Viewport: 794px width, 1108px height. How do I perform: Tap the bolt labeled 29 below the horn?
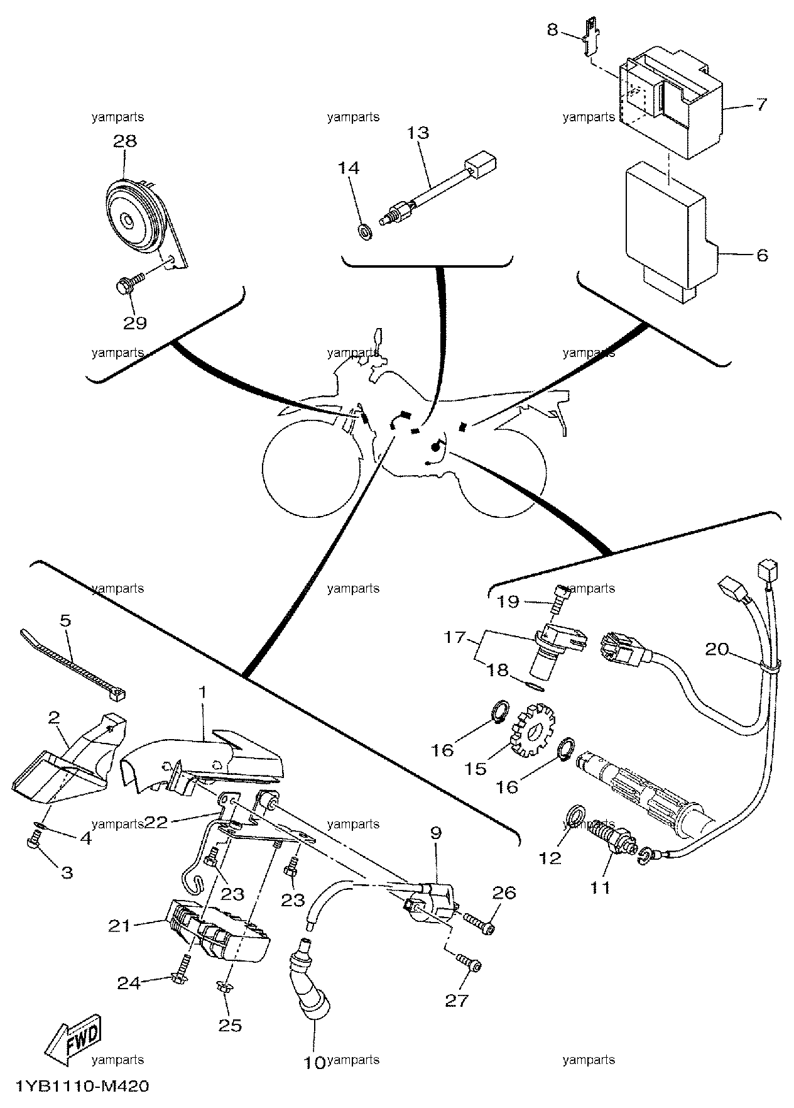click(x=130, y=282)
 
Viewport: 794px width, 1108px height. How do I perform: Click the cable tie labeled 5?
click(x=74, y=666)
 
